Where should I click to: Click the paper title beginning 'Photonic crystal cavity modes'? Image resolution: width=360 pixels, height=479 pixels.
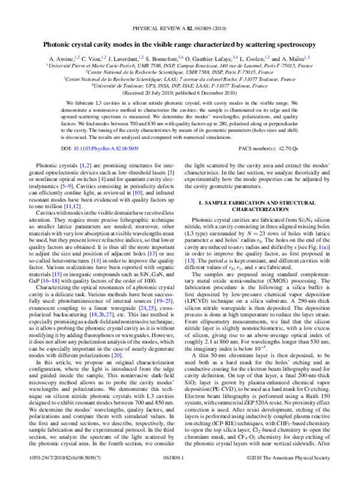tap(180, 44)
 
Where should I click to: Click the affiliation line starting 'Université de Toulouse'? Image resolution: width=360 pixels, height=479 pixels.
tap(180, 86)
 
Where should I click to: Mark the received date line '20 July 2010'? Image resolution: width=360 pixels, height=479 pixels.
tap(180, 94)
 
